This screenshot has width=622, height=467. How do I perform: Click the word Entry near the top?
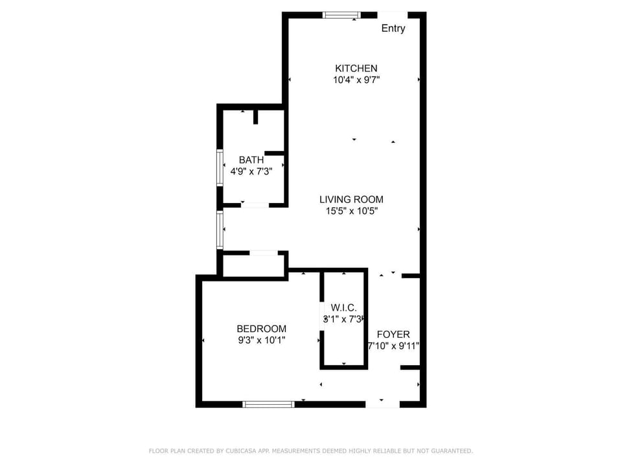393,29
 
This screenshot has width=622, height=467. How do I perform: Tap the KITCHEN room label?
356,68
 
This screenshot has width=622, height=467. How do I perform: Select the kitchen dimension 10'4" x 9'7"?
356,80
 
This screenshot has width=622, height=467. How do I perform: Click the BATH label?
251,160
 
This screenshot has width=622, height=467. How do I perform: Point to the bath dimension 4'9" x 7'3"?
251,172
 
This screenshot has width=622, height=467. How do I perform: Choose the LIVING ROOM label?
351,199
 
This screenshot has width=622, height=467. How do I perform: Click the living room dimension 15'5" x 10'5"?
351,211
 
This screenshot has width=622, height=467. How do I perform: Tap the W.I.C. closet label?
343,307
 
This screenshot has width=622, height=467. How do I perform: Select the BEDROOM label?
261,329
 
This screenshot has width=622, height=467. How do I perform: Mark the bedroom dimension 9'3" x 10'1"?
261,340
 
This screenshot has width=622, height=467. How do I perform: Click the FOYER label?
393,334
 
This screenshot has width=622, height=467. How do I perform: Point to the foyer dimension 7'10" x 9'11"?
393,346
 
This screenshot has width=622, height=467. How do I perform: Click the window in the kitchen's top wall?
341,15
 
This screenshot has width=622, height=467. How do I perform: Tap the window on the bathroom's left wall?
220,168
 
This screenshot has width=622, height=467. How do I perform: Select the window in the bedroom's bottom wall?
268,404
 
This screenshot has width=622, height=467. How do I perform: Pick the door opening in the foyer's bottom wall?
382,404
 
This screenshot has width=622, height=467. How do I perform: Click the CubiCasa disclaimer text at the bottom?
311,451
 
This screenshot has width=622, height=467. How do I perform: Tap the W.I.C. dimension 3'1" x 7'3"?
343,319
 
